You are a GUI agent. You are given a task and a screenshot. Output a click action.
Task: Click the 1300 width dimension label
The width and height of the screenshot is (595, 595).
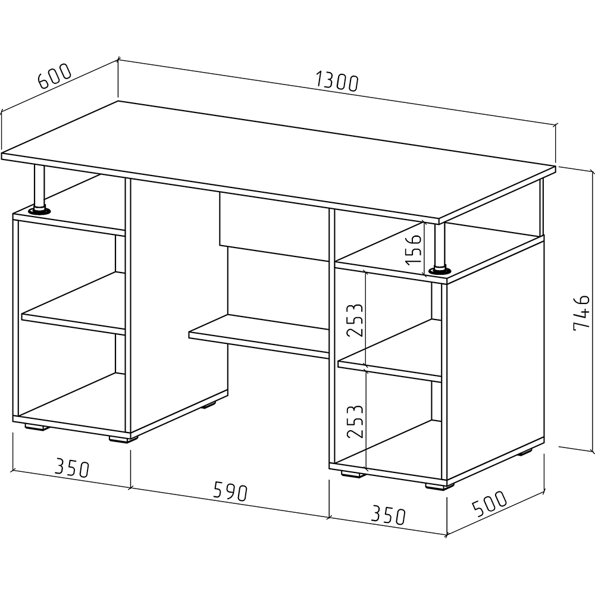click(x=337, y=82)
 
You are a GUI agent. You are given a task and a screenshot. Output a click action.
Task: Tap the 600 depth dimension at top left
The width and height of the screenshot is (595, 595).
click(x=55, y=76)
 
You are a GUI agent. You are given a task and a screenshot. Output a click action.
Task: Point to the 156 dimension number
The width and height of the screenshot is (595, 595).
click(x=413, y=249)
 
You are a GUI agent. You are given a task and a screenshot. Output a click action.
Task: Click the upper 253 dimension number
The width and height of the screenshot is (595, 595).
click(x=355, y=320)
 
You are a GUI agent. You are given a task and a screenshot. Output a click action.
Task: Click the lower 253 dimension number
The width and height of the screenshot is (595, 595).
click(x=355, y=422)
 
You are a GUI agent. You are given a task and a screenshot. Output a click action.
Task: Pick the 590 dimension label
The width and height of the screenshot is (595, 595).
click(x=230, y=491)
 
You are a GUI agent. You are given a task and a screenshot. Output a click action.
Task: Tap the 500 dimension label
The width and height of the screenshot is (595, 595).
click(x=489, y=504)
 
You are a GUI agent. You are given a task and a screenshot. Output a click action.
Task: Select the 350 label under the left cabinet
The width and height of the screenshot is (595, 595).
click(x=72, y=468)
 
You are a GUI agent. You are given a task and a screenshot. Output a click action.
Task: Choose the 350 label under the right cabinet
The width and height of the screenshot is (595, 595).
click(x=388, y=515)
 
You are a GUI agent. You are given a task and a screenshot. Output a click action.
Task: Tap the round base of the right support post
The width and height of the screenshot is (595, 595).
click(x=440, y=271)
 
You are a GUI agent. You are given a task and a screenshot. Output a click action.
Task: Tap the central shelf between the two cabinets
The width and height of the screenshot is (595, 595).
click(x=259, y=336)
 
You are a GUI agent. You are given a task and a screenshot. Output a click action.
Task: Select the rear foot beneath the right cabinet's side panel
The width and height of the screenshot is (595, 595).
click(x=525, y=452)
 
